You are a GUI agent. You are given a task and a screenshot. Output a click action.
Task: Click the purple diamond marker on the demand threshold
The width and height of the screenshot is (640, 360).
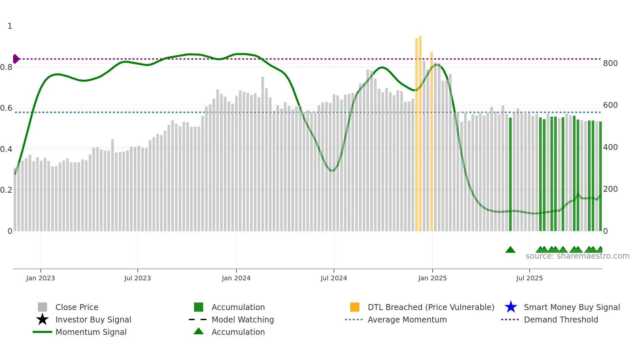(x=16, y=59)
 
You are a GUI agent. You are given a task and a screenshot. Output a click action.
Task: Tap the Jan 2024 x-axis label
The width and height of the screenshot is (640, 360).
(x=236, y=278)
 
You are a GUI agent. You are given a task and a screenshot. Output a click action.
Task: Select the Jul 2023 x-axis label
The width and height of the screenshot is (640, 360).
(x=137, y=278)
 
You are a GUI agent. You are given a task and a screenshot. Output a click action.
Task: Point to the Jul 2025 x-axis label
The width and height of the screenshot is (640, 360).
(x=529, y=278)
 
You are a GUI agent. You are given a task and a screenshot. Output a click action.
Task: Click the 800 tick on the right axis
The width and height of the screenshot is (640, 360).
(x=610, y=63)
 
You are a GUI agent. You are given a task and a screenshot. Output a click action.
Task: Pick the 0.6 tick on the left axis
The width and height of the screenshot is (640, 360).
(x=6, y=108)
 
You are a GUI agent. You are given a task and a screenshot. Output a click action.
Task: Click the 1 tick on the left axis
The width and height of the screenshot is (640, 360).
(x=10, y=26)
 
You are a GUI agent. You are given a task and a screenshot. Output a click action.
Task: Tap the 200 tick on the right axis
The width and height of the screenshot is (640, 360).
(x=610, y=189)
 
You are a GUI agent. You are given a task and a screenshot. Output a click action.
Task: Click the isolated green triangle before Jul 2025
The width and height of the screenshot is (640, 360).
(x=510, y=250)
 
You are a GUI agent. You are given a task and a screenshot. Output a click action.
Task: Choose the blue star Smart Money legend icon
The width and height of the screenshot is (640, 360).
(x=511, y=307)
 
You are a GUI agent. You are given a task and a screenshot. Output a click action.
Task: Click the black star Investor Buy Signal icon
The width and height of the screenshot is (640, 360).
(x=42, y=319)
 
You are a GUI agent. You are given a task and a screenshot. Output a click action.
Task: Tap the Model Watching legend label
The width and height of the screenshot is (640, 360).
(x=243, y=319)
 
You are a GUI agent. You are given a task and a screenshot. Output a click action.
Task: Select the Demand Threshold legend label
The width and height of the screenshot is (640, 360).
(x=561, y=319)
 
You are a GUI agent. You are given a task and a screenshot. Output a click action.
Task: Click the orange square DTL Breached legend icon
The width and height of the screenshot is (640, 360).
(x=355, y=307)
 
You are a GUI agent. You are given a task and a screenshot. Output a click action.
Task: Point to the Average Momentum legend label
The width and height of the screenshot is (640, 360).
(x=407, y=319)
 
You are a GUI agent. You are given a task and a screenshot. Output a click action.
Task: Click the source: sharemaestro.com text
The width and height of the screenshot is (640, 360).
(x=577, y=256)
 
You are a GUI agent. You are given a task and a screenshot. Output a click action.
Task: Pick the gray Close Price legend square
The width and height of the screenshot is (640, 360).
(x=42, y=307)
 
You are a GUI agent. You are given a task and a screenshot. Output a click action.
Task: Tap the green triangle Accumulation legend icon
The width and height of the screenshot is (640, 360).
(x=199, y=332)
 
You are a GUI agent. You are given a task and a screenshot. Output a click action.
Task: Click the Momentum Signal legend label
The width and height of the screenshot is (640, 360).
(x=91, y=332)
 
